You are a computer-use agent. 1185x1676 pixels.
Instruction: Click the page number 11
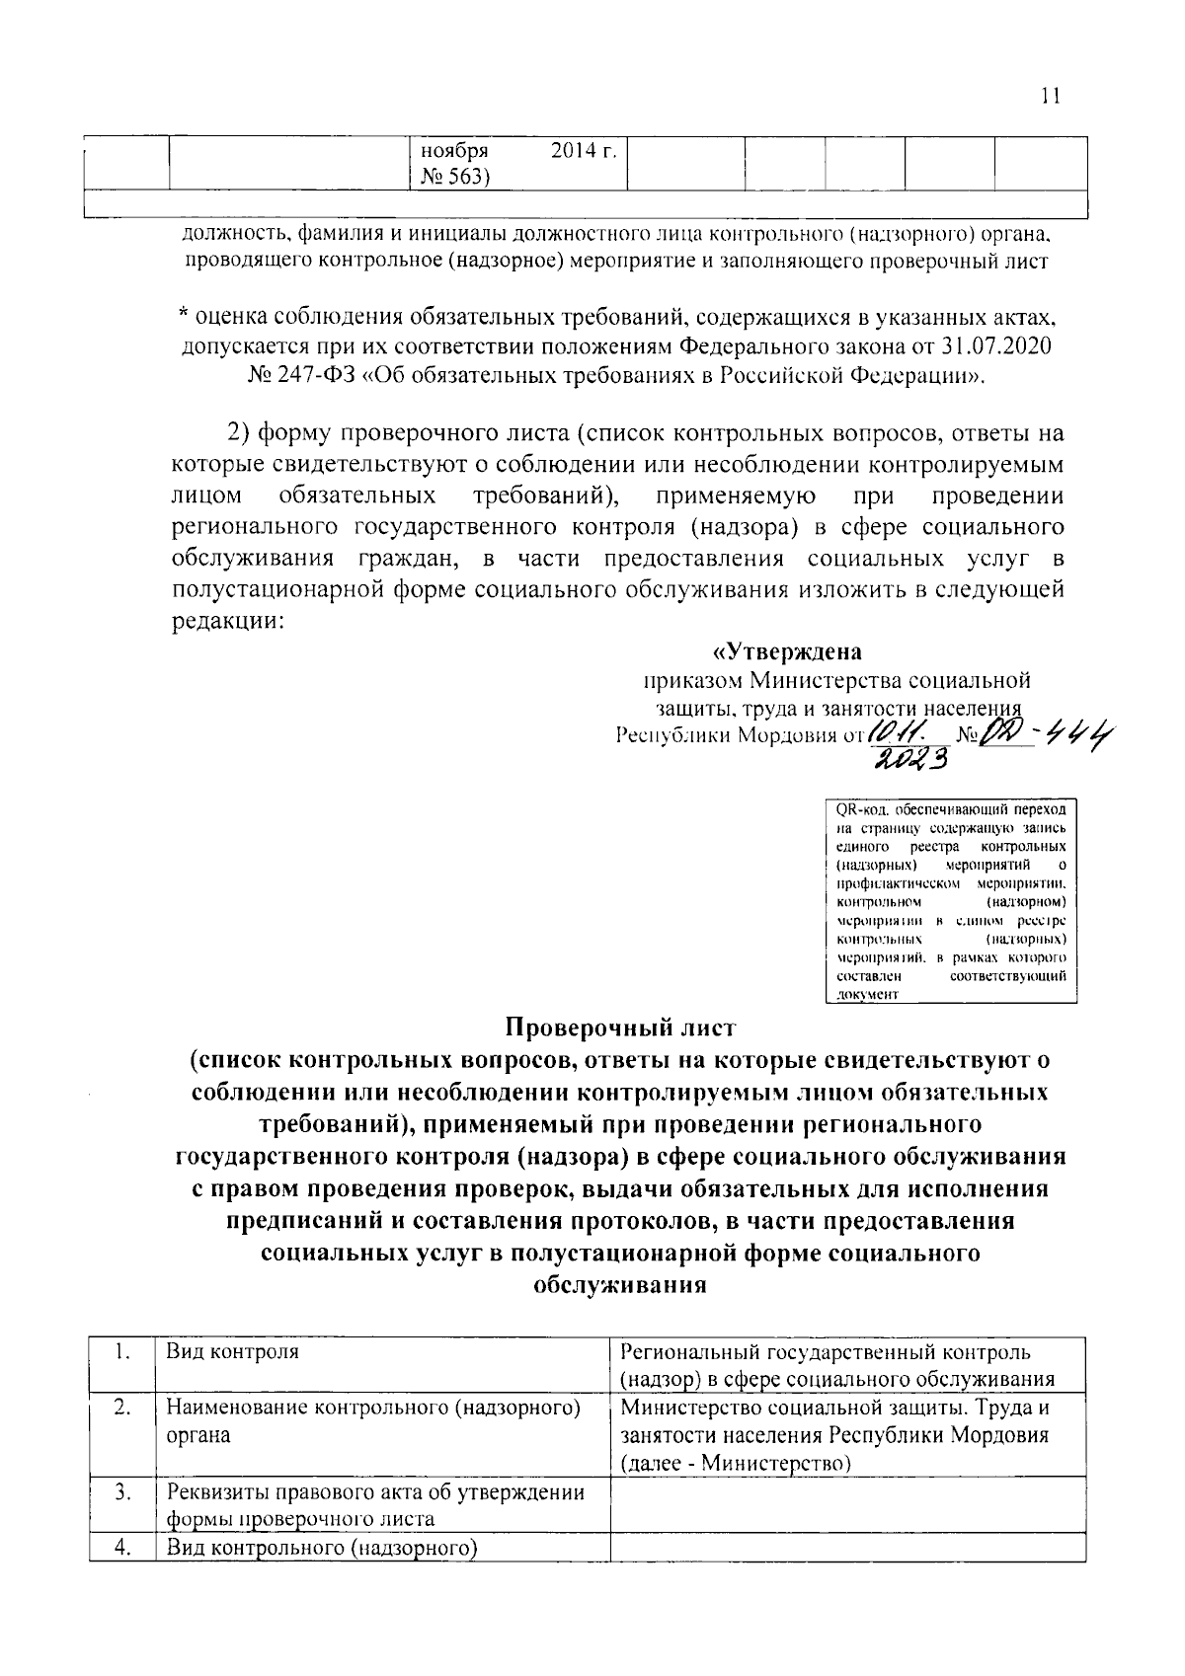pos(1049,96)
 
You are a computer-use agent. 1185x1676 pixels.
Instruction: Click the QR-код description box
pos(950,900)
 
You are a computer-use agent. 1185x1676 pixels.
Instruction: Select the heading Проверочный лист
pos(620,1028)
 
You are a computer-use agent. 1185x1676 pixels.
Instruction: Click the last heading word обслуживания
pos(620,1285)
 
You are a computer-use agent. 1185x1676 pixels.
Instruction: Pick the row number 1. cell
pos(121,1351)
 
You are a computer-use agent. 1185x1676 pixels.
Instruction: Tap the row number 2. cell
pos(121,1408)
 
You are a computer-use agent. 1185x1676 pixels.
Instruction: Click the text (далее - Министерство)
pos(736,1463)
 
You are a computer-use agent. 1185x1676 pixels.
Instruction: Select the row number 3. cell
pos(121,1491)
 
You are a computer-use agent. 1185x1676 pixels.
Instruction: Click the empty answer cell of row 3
pos(847,1505)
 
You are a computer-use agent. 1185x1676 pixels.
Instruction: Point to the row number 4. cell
pos(121,1548)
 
